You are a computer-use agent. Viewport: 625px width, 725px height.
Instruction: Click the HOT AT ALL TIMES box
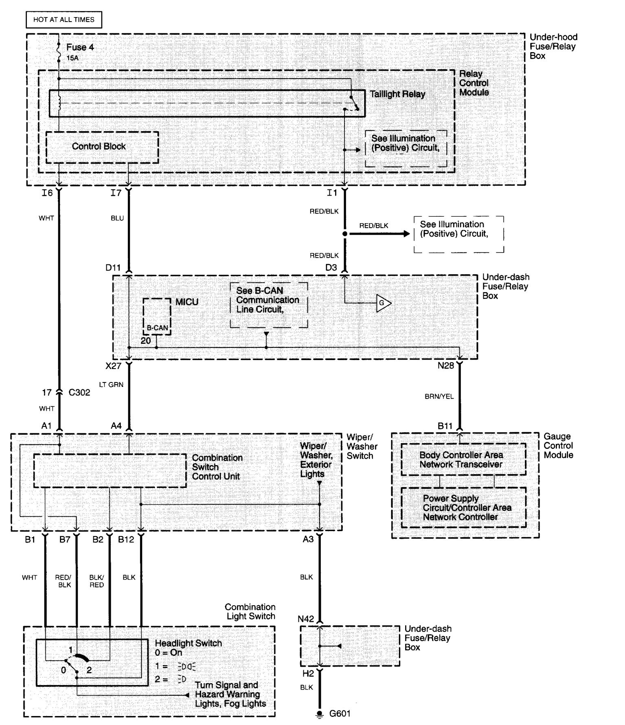[64, 20]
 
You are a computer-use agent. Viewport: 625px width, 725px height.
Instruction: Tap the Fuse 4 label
[80, 47]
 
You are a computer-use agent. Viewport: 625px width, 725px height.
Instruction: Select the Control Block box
[102, 147]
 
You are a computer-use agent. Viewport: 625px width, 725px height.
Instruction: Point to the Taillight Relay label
[397, 94]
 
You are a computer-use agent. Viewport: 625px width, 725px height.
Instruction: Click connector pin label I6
[47, 193]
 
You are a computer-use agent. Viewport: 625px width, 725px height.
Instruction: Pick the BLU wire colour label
[117, 218]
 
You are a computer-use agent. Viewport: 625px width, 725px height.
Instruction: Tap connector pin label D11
[113, 268]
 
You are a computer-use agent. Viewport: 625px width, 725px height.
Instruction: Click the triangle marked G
[383, 303]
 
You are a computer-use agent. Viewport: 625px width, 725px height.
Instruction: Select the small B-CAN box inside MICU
[157, 316]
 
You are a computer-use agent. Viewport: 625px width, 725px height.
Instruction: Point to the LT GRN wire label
[111, 384]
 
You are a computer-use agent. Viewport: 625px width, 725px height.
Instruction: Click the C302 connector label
[79, 393]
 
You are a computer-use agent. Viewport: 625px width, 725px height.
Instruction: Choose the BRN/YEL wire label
[439, 396]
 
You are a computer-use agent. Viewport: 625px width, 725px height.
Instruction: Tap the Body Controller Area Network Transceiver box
[463, 459]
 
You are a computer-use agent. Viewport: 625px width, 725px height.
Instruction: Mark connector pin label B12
[126, 540]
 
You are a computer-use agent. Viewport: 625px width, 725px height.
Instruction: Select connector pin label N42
[306, 619]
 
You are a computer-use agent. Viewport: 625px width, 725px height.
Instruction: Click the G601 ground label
[340, 714]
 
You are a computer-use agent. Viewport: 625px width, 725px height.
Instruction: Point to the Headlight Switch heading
[189, 643]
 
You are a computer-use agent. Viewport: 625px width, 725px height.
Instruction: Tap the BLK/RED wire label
[96, 581]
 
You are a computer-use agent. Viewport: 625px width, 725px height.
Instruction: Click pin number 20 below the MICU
[146, 341]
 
